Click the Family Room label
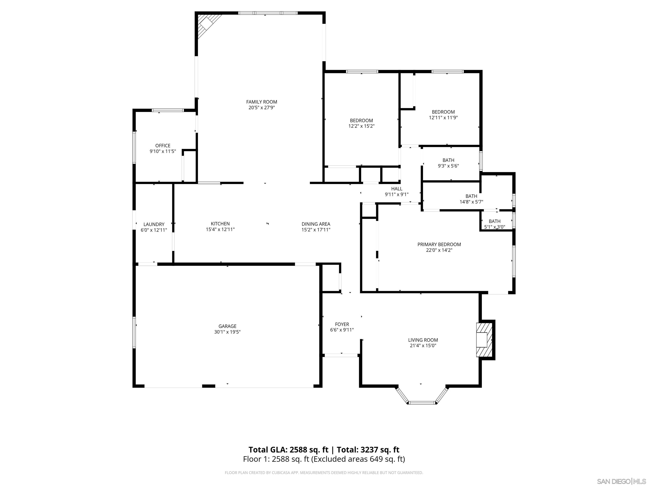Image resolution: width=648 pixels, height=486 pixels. [x=261, y=102]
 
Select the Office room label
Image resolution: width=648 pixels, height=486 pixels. [x=163, y=146]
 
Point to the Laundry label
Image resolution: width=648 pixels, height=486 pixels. [x=154, y=224]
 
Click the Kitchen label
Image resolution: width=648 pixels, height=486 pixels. [x=220, y=224]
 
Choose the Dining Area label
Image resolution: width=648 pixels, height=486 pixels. [x=316, y=224]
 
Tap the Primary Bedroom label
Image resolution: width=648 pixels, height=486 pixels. [x=439, y=244]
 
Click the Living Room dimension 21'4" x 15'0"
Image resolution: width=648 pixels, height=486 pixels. [x=423, y=346]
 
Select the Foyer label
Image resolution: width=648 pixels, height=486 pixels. [x=342, y=324]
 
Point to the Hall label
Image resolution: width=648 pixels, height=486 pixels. [x=397, y=189]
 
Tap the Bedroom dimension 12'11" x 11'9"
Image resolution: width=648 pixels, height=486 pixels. [x=443, y=118]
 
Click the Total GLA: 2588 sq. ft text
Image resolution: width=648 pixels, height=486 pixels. [x=288, y=450]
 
